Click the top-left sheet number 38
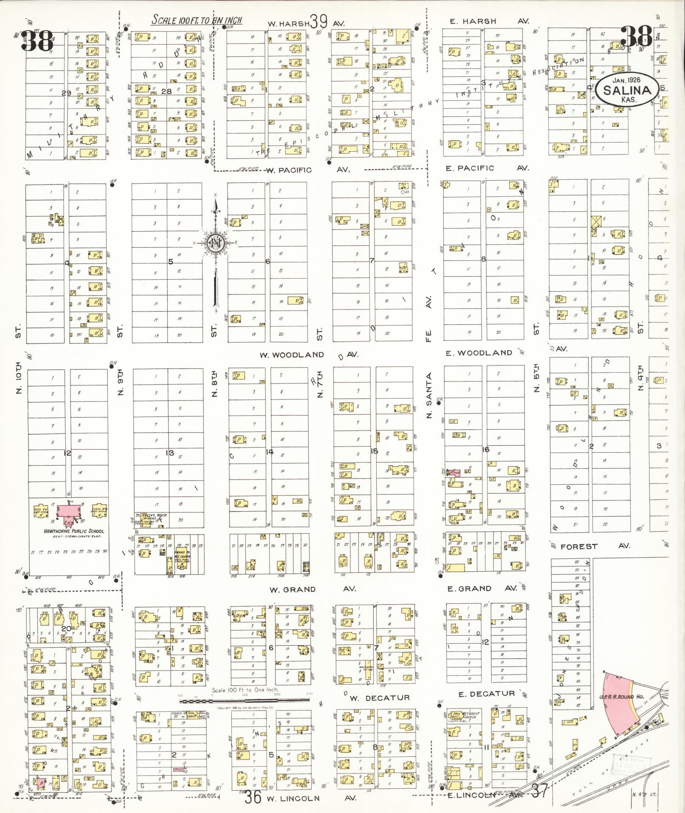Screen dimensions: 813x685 tap(39, 41)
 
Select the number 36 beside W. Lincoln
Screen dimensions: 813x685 tap(253, 797)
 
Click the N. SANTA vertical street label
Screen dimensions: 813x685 tap(429, 395)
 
